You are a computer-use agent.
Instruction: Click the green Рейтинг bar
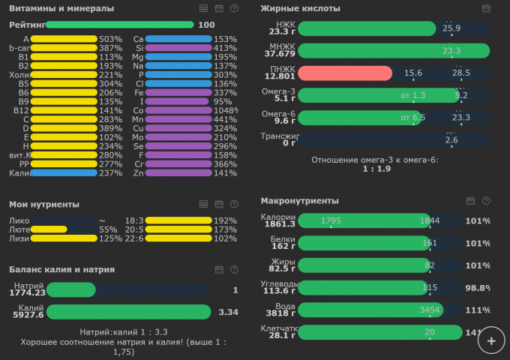(x=119, y=25)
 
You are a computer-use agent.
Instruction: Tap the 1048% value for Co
(x=225, y=110)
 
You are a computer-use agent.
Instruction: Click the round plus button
(x=491, y=340)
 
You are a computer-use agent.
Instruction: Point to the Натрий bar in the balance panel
(x=71, y=289)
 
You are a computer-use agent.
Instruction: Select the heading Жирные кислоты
(x=300, y=8)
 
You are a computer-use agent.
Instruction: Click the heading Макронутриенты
(x=299, y=200)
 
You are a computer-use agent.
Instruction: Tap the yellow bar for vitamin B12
(x=64, y=110)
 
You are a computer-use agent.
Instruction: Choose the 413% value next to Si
(x=225, y=48)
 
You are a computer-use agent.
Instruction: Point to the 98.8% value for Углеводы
(x=478, y=288)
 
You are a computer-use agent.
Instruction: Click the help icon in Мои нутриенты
(x=235, y=204)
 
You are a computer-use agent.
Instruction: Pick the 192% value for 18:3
(x=225, y=220)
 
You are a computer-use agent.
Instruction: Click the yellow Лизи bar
(x=64, y=238)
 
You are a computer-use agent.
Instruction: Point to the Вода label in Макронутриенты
(x=286, y=306)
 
